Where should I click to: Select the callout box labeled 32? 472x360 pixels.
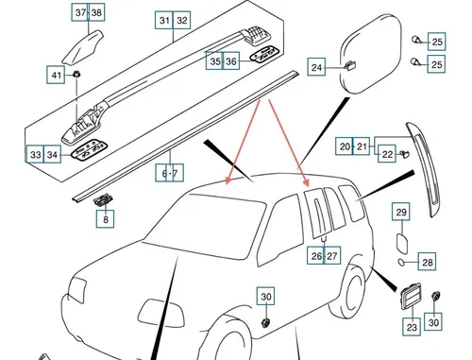[x=182, y=20]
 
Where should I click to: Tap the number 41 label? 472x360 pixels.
[x=56, y=75]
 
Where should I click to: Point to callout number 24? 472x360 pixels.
[x=316, y=67]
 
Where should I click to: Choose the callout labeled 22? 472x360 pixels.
[x=387, y=155]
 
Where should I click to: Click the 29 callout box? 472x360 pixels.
[x=401, y=212]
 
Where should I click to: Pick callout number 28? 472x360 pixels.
[x=427, y=263]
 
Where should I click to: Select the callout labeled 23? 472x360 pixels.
[x=412, y=327]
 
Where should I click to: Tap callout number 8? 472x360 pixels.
[x=106, y=220]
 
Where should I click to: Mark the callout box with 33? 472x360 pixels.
[x=34, y=154]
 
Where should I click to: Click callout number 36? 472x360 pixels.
[x=232, y=61]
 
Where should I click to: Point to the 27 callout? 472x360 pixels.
[x=331, y=255]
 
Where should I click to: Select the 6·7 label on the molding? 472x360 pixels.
[x=169, y=174]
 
